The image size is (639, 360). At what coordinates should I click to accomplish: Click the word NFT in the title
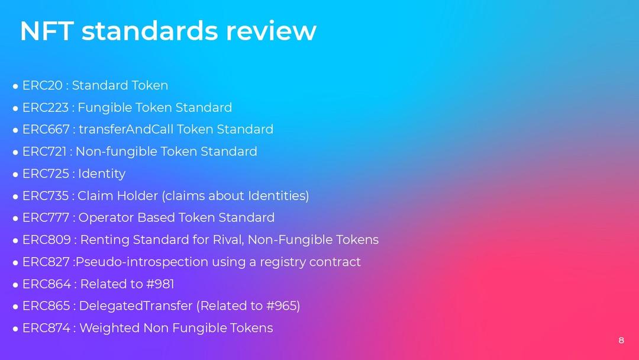pos(47,31)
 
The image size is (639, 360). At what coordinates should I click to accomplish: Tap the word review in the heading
pos(271,31)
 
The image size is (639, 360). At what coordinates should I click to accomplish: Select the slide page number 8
pos(621,340)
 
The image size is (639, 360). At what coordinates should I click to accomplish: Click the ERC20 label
pos(43,85)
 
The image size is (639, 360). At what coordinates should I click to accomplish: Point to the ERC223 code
pos(45,107)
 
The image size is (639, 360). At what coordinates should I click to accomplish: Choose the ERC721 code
pos(44,151)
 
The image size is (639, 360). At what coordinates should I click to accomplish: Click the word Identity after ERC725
pos(102,173)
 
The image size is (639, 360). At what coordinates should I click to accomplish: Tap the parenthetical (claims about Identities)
pos(235,196)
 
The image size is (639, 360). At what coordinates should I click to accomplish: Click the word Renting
pos(104,240)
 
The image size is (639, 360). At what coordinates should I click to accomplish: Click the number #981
pos(160,284)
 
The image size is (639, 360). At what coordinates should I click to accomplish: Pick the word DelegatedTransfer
pos(135,306)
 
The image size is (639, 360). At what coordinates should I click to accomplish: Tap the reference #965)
pos(283,306)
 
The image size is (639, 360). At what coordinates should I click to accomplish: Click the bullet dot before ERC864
pos(15,285)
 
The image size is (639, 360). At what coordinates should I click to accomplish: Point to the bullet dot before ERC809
pos(15,240)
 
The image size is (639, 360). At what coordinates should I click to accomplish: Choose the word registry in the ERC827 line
pos(282,262)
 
